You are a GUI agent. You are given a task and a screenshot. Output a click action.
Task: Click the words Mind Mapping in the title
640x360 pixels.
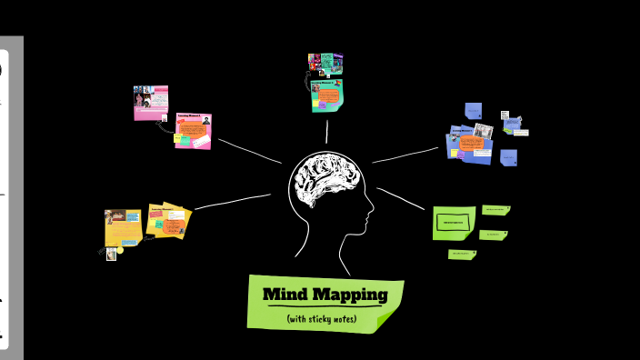pos(325,295)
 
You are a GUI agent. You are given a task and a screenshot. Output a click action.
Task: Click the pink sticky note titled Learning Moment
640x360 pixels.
pos(193,130)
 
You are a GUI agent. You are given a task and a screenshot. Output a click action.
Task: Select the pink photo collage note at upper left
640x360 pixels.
pos(150,103)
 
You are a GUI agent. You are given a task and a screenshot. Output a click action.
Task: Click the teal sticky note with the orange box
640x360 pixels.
pos(326,95)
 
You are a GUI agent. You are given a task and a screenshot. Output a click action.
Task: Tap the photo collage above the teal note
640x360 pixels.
pos(325,64)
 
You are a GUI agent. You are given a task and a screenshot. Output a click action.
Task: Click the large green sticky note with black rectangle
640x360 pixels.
pos(453,222)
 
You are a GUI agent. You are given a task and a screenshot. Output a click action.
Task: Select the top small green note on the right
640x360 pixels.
pos(495,210)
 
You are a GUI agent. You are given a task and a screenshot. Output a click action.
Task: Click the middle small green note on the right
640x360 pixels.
pos(492,235)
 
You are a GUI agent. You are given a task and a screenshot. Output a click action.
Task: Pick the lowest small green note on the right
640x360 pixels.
pos(462,254)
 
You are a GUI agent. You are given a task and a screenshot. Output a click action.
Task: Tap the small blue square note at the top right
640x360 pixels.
pos(473,111)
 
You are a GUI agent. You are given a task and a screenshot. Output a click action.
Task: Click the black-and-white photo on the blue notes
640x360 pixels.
pos(483,132)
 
